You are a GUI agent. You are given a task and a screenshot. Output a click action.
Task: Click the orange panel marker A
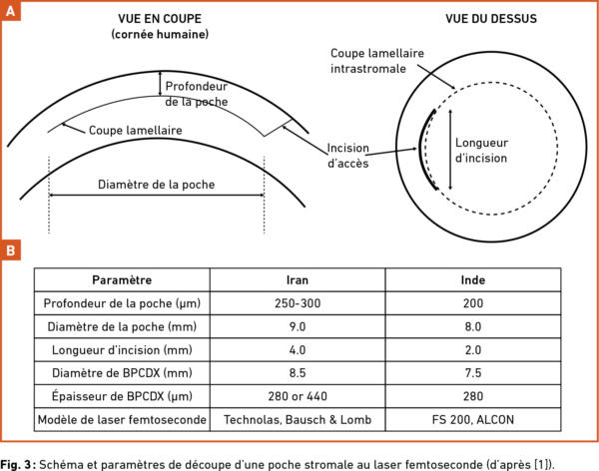(x=10, y=10)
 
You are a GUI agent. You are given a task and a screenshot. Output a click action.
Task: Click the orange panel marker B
(x=10, y=248)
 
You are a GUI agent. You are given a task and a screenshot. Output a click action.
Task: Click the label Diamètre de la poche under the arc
(x=157, y=185)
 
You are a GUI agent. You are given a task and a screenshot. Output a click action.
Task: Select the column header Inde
(x=472, y=280)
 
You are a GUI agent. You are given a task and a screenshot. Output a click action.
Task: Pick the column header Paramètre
(x=122, y=280)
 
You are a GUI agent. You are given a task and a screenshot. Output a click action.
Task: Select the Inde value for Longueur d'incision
(x=472, y=349)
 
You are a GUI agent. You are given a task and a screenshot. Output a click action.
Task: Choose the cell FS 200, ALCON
(x=472, y=419)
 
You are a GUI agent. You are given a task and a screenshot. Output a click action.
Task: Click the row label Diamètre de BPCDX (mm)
(x=122, y=373)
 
